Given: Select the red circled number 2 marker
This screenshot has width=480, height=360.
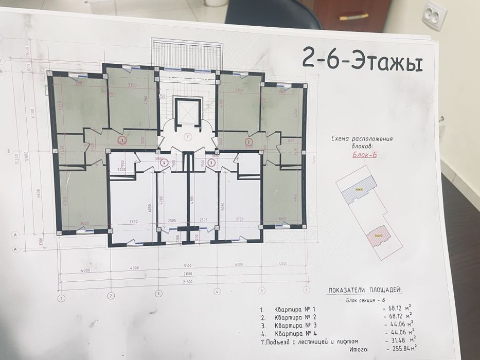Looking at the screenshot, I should [x=249, y=142].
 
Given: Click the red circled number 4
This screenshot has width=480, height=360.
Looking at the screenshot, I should [x=164, y=163].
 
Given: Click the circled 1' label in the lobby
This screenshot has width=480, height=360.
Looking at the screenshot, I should [x=187, y=137].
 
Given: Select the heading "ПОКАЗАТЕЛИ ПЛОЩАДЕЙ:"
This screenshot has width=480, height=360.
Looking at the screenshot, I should [x=365, y=291].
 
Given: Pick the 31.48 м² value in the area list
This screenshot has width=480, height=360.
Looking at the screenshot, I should [x=400, y=340].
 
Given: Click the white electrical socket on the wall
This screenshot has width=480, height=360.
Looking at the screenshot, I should [x=434, y=17].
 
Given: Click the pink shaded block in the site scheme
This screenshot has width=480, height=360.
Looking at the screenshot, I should [x=380, y=235].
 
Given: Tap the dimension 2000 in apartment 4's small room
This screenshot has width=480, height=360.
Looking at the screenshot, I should [x=121, y=169].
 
